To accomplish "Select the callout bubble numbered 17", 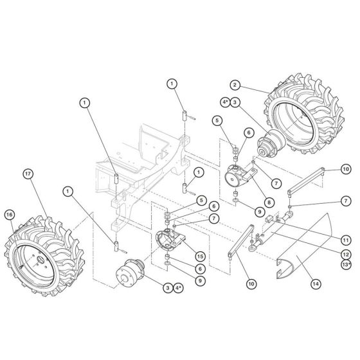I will click(x=27, y=174).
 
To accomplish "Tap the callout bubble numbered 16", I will click(x=10, y=214).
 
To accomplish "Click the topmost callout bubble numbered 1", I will click(x=172, y=83).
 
